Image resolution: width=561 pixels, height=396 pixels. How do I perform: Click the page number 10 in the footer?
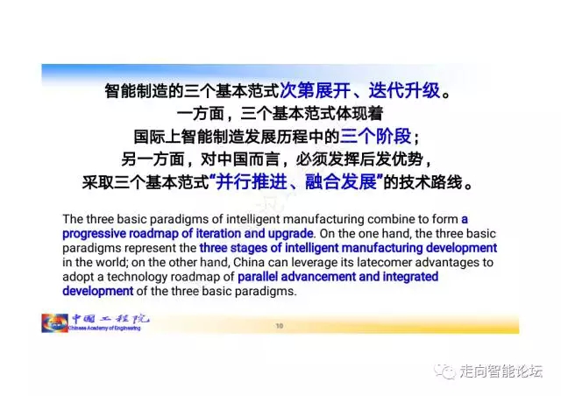[280, 326]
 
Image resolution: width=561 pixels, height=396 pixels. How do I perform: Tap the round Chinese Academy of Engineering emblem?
[54, 323]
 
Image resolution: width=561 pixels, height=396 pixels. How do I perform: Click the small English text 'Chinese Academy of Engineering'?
[104, 328]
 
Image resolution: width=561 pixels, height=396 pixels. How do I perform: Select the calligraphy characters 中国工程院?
[110, 318]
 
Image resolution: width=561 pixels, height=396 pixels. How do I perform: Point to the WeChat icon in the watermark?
[444, 371]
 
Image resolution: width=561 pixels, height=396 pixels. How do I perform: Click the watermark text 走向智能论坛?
[501, 371]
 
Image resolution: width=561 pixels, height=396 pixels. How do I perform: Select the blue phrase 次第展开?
[315, 90]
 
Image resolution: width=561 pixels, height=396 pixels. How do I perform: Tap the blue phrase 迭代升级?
[404, 90]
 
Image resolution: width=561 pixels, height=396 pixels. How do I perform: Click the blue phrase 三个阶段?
[375, 137]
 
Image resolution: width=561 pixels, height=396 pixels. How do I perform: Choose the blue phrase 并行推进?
[252, 181]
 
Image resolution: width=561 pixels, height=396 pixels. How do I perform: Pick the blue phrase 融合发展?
[341, 181]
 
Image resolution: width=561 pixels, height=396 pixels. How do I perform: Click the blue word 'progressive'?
[94, 234]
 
